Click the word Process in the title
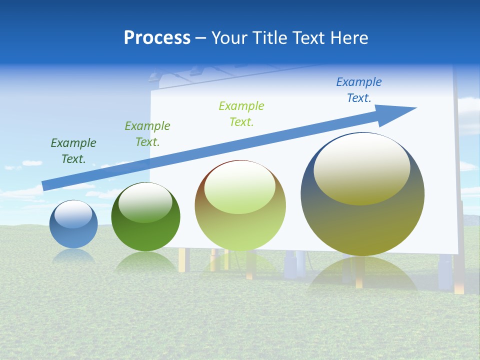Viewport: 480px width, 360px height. pos(157,38)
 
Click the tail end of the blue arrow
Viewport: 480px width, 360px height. pos(45,185)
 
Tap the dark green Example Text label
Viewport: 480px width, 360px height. pos(73,151)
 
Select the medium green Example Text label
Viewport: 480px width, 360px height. pos(147,134)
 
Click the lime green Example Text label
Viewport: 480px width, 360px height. pos(241,113)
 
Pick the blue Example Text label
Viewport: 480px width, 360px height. pos(359,90)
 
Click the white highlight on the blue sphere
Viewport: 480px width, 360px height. pos(73,214)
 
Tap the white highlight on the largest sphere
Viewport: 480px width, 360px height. pos(361,168)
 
